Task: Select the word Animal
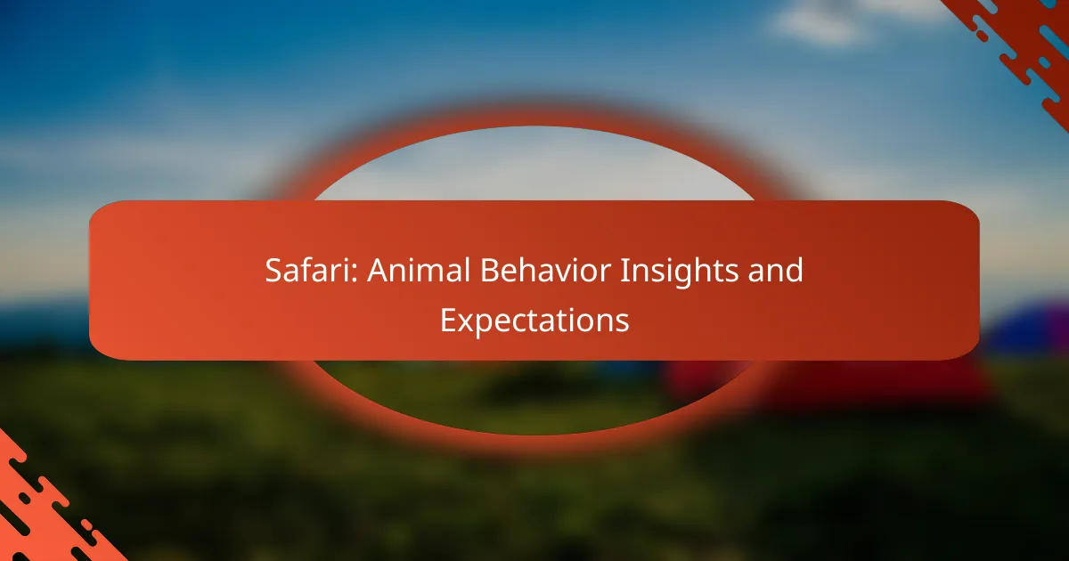pyautogui.click(x=419, y=270)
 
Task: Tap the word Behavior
pyautogui.click(x=545, y=270)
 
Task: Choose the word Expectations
pyautogui.click(x=534, y=321)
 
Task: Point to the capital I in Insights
pyautogui.click(x=624, y=270)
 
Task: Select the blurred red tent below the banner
pyautogui.click(x=820, y=382)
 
